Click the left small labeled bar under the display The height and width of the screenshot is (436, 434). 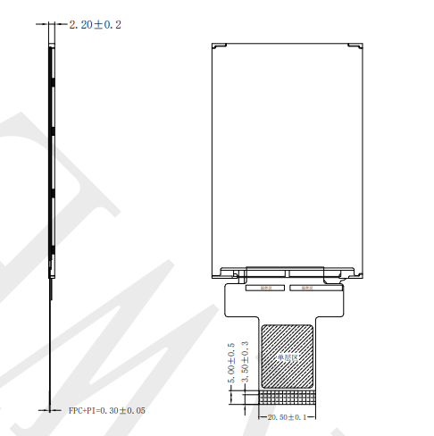pos(265,288)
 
